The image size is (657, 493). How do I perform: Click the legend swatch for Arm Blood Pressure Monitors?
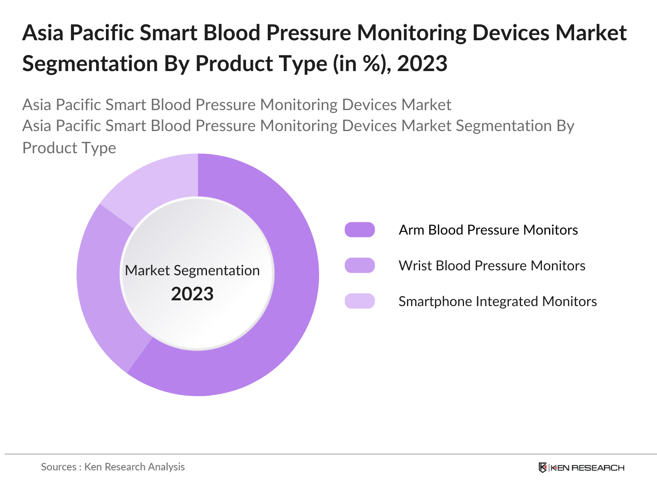click(360, 230)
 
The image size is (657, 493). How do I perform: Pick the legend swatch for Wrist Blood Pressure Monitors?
click(360, 265)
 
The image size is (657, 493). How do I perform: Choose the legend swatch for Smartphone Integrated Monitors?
click(360, 301)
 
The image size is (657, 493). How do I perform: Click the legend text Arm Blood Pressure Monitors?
click(488, 230)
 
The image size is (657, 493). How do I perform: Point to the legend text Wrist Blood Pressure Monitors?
click(492, 266)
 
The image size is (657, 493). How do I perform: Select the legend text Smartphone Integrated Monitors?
click(497, 302)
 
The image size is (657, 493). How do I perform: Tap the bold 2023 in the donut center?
click(192, 294)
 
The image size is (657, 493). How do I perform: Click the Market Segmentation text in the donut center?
click(192, 270)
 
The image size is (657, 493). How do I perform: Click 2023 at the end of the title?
click(422, 64)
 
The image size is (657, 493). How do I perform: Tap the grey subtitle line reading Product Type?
click(69, 148)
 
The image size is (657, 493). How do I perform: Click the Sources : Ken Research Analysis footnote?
click(113, 467)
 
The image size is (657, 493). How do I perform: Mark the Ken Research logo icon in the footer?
click(543, 468)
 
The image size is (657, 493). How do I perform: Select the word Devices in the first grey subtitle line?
click(370, 105)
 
